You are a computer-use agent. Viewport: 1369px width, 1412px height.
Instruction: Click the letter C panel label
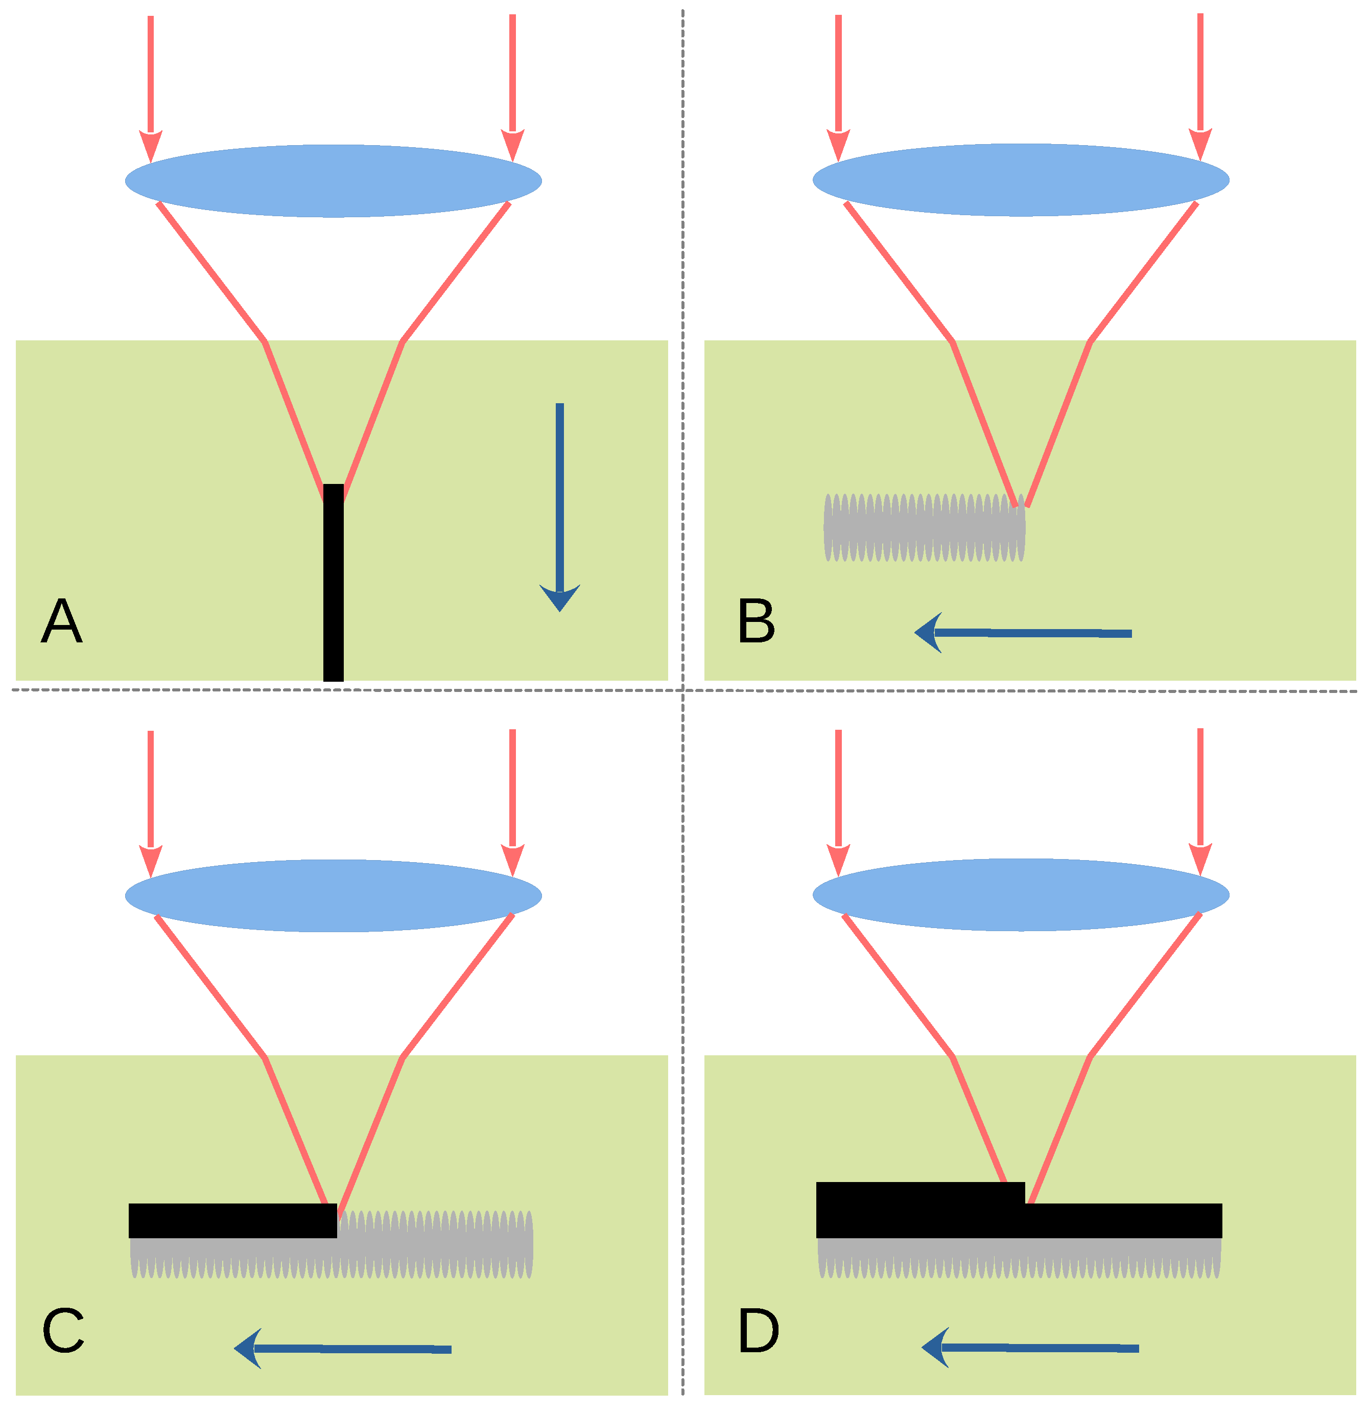pyautogui.click(x=63, y=1331)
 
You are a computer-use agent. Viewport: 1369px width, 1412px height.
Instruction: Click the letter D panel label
pyautogui.click(x=759, y=1331)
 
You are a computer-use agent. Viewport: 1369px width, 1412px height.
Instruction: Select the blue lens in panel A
pyautogui.click(x=334, y=181)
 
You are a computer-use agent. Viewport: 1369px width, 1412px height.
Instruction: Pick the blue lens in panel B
pyautogui.click(x=1021, y=180)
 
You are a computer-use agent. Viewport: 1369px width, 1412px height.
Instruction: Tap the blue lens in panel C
pyautogui.click(x=334, y=895)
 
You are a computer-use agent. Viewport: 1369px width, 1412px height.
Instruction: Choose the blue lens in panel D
pyautogui.click(x=1021, y=895)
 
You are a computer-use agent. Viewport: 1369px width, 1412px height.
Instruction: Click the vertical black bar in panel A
pyautogui.click(x=334, y=584)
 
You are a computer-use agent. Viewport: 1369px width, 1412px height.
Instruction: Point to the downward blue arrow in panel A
pyautogui.click(x=559, y=504)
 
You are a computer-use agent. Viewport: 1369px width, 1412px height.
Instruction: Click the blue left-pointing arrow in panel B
pyautogui.click(x=1023, y=633)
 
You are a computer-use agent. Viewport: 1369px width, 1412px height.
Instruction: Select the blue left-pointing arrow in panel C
pyautogui.click(x=343, y=1349)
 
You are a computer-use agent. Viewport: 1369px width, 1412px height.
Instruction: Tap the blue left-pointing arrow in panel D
pyautogui.click(x=1030, y=1347)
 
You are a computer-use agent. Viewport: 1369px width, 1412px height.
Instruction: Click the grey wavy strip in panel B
pyautogui.click(x=924, y=527)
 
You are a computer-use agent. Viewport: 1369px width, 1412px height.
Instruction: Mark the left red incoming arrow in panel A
pyautogui.click(x=151, y=86)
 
